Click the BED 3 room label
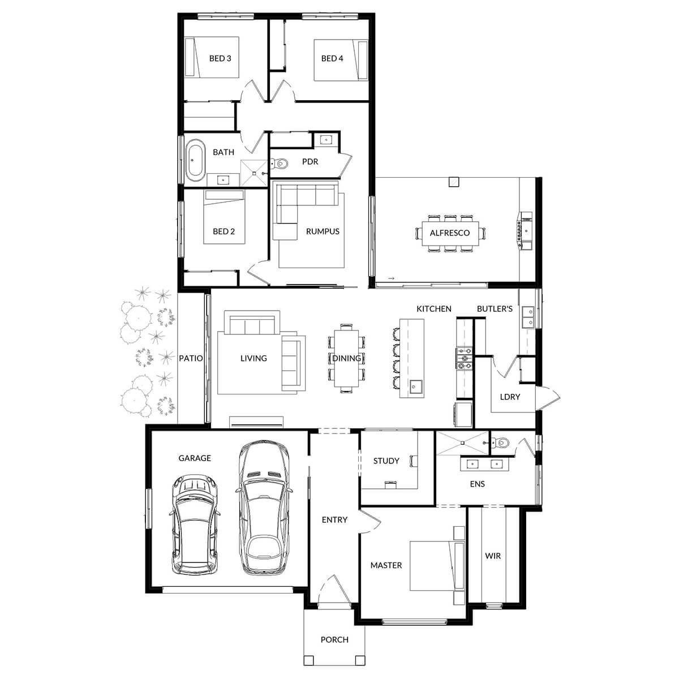point(220,58)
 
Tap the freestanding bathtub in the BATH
point(195,160)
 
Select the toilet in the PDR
point(280,164)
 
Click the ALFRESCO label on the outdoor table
point(450,233)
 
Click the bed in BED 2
point(224,217)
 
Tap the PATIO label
point(191,358)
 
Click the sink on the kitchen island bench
point(416,387)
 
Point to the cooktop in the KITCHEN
point(465,359)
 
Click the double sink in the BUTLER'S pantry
point(528,317)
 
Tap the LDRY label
point(510,397)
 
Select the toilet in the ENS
point(500,442)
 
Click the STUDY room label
point(386,461)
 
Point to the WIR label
point(493,556)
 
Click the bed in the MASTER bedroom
point(437,565)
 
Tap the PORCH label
point(334,639)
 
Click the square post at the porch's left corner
point(309,660)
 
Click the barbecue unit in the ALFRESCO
point(525,231)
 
